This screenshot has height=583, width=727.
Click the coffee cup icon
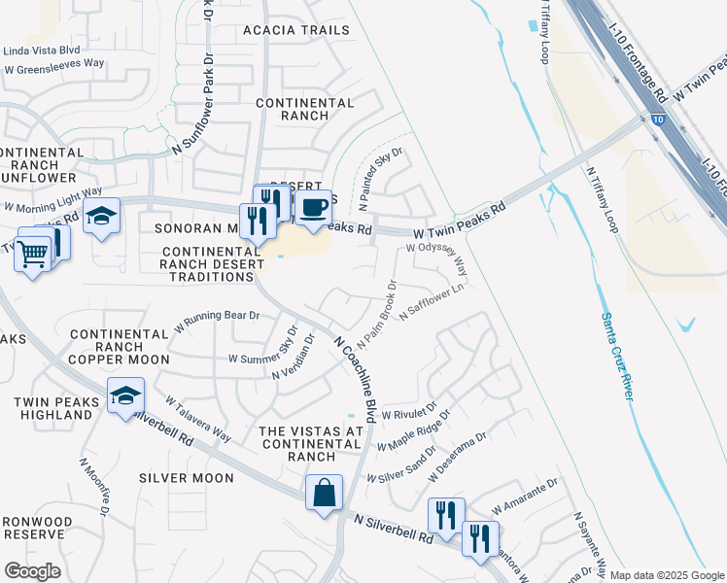pos(313,209)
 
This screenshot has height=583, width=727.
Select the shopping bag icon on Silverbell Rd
pos(324,493)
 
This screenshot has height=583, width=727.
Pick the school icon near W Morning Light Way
pos(100,218)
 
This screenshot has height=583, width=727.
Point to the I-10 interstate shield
pos(658,120)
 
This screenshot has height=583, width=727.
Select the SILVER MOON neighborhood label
pos(186,478)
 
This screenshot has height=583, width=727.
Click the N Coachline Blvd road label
pos(355,379)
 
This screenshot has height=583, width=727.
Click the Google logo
pos(32,571)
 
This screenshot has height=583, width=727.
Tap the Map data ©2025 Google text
pos(667,575)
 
